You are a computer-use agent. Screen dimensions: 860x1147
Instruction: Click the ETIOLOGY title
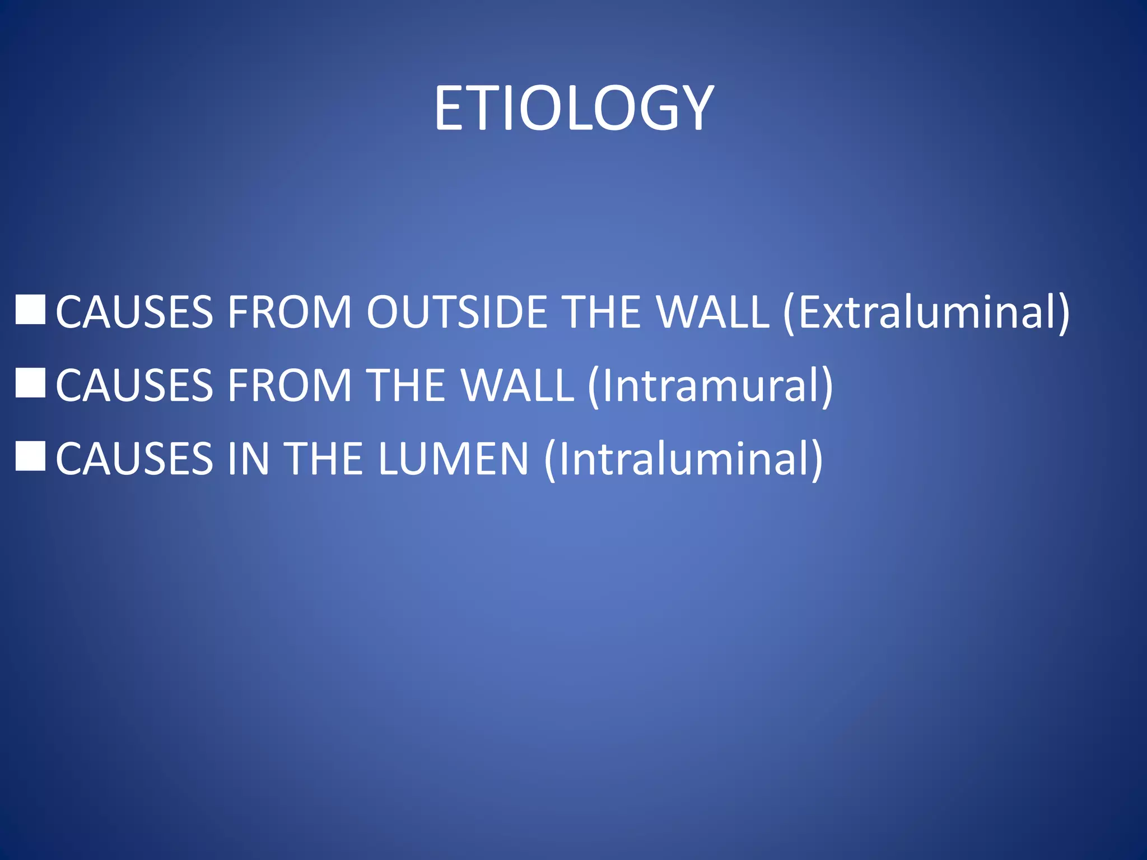pyautogui.click(x=573, y=109)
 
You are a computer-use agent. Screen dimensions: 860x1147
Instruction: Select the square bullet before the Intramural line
pyautogui.click(x=30, y=383)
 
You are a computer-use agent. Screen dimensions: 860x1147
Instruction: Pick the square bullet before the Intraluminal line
pyautogui.click(x=30, y=456)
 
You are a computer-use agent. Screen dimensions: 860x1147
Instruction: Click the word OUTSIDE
pyautogui.click(x=456, y=312)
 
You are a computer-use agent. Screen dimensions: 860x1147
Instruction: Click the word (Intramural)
pyautogui.click(x=710, y=385)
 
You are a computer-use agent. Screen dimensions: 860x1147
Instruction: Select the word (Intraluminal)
pyautogui.click(x=683, y=459)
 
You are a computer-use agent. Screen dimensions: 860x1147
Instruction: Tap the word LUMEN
pyautogui.click(x=453, y=459)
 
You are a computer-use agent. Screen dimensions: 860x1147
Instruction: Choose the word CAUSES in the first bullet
pyautogui.click(x=134, y=312)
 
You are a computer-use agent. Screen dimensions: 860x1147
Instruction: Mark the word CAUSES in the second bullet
pyautogui.click(x=134, y=385)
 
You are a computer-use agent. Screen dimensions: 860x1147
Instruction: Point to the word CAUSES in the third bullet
pyautogui.click(x=134, y=459)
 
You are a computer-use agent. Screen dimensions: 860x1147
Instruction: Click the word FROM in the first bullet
pyautogui.click(x=289, y=312)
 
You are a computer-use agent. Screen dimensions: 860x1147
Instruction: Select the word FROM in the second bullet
pyautogui.click(x=289, y=385)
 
